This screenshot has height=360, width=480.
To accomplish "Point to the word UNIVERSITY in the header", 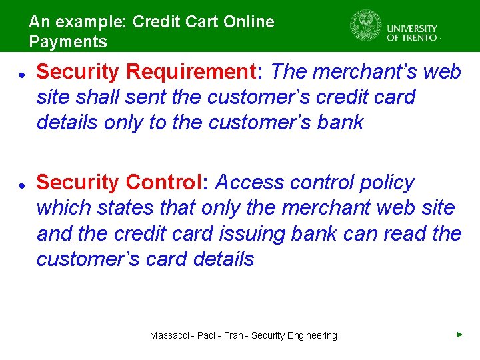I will pyautogui.click(x=412, y=29).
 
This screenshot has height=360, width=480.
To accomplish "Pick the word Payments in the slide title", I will pyautogui.click(x=68, y=42).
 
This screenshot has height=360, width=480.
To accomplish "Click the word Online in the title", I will pyautogui.click(x=249, y=22).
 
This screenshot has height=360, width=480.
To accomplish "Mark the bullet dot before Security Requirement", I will pyautogui.click(x=22, y=73).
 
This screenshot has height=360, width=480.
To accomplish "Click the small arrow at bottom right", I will pyautogui.click(x=460, y=334).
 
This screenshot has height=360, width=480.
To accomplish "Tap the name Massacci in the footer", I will pyautogui.click(x=169, y=335).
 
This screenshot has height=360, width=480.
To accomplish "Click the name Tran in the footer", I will pyautogui.click(x=233, y=335).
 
